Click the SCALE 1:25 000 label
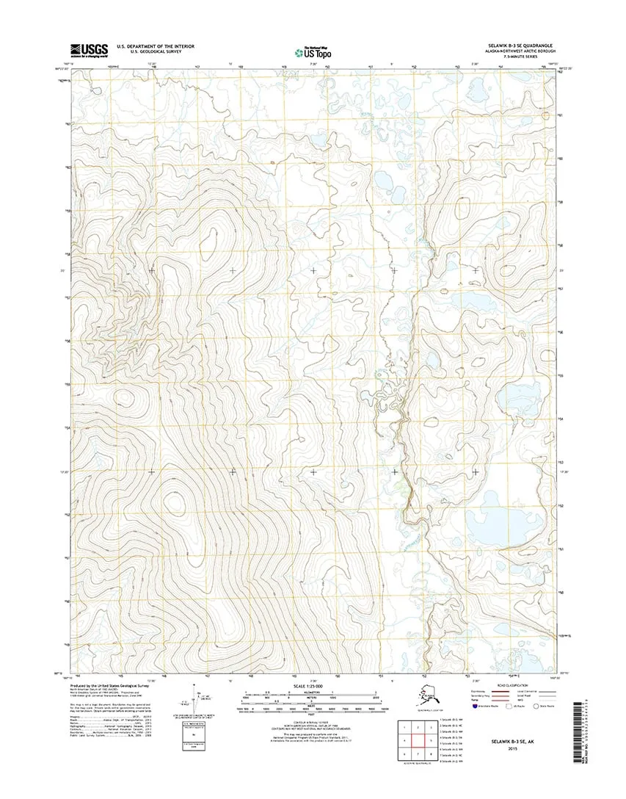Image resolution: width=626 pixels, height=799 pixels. pyautogui.click(x=313, y=686)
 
